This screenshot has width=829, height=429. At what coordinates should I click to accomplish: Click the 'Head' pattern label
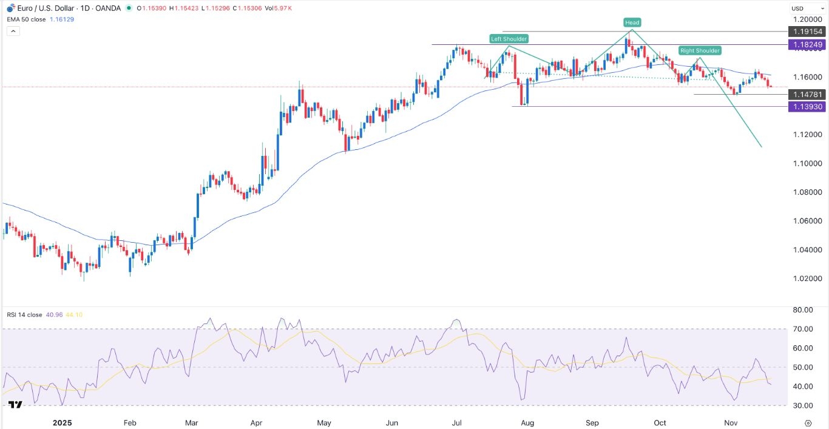632,22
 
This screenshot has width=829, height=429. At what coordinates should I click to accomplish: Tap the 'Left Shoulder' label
509,39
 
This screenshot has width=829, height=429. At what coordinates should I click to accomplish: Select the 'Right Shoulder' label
700,51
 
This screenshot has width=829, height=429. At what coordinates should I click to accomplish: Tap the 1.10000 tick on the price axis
805,163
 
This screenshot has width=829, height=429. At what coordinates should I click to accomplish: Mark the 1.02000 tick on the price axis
805,279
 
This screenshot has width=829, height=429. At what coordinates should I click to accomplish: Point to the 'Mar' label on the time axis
192,423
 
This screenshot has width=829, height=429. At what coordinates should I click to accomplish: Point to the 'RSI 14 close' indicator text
24,314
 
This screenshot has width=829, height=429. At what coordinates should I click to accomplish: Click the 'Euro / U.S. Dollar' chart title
46,8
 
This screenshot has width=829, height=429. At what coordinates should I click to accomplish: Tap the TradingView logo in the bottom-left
16,405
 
